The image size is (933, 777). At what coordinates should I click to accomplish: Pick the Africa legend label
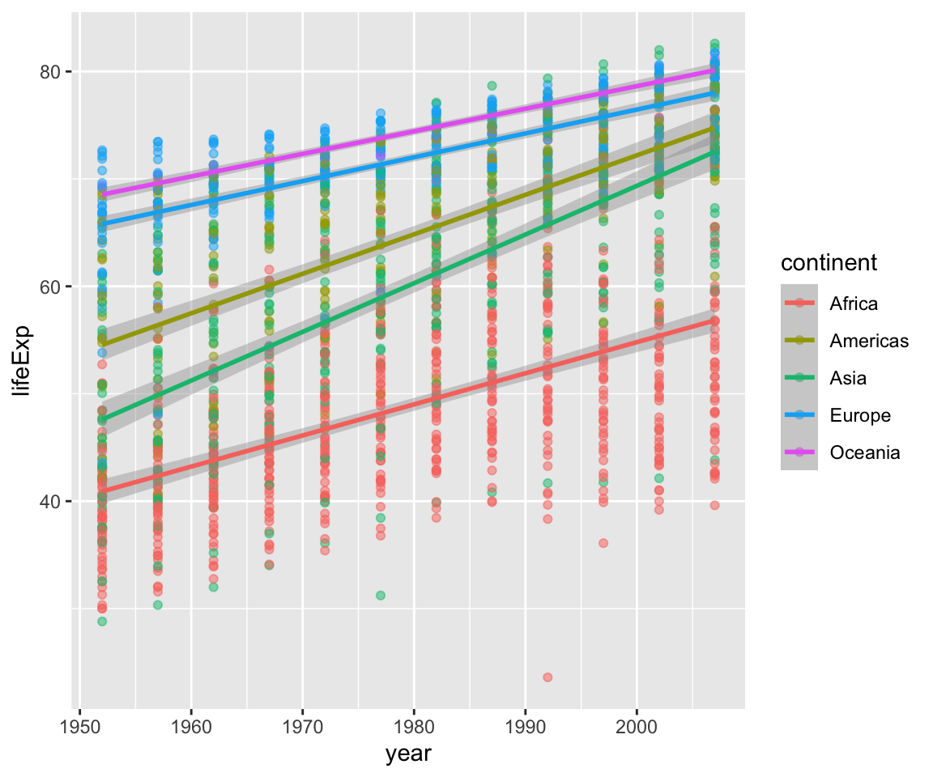click(854, 304)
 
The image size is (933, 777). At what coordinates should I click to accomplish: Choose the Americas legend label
click(869, 341)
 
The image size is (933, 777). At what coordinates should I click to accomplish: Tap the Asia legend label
click(848, 378)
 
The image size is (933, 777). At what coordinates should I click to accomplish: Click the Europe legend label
click(860, 415)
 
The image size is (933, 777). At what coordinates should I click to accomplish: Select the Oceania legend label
click(865, 452)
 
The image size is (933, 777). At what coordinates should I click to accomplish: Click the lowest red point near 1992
click(547, 677)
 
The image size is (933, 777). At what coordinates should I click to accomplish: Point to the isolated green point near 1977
click(381, 595)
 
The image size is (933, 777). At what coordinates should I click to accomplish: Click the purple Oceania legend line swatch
click(799, 452)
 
